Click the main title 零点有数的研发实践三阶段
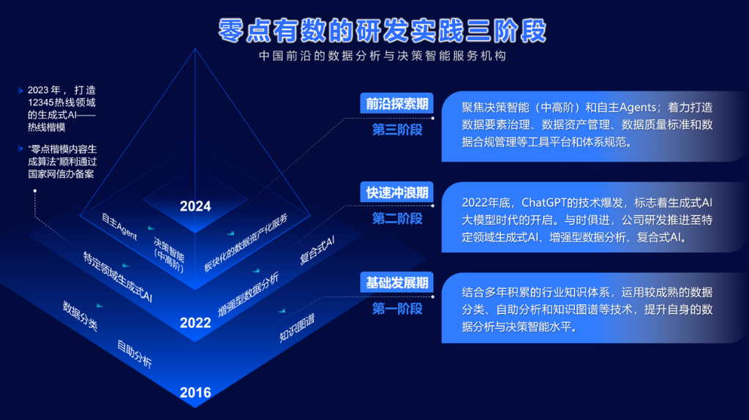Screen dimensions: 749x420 click(x=382, y=31)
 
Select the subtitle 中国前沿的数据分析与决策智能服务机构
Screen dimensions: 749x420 click(x=382, y=56)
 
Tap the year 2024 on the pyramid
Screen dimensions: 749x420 click(x=195, y=206)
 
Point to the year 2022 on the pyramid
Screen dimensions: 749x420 click(x=195, y=323)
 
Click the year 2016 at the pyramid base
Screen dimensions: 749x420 click(x=195, y=392)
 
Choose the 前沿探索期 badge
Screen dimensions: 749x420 click(x=396, y=103)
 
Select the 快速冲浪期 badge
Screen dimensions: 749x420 click(x=396, y=192)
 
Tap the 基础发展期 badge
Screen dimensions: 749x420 click(x=396, y=282)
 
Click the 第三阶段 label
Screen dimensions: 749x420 click(x=397, y=130)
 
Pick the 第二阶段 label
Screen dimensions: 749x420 click(x=397, y=218)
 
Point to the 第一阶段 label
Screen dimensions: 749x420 click(x=397, y=309)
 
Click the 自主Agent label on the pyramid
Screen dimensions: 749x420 click(x=119, y=227)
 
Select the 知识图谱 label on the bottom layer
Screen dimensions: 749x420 click(x=297, y=328)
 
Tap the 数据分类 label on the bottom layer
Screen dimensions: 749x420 click(x=80, y=316)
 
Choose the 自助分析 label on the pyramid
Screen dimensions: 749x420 click(x=135, y=354)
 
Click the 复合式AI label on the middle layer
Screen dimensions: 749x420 click(x=317, y=250)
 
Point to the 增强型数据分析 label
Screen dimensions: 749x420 click(x=249, y=295)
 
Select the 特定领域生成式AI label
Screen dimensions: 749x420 click(x=118, y=277)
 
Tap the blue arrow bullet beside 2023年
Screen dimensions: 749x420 click(x=20, y=90)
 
